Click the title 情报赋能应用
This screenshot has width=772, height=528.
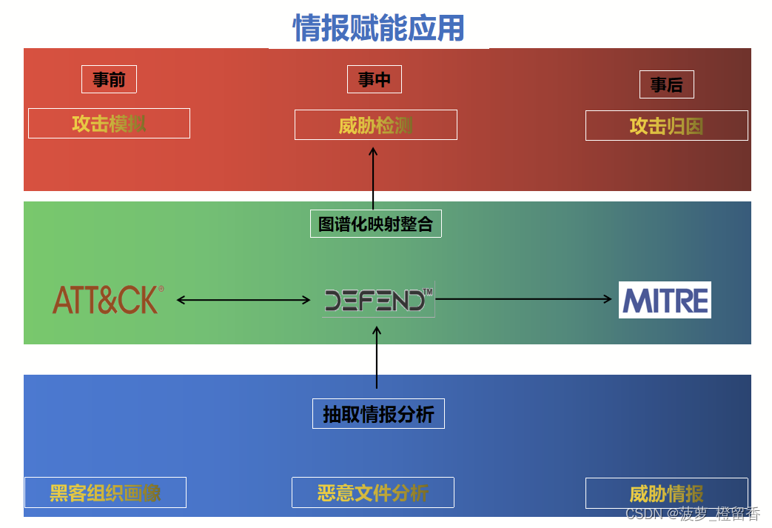[378, 29]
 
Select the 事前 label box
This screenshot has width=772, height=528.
[109, 79]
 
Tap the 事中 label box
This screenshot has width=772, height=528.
[375, 79]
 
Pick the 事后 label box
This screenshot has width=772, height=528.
[666, 84]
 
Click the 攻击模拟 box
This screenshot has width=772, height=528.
[109, 123]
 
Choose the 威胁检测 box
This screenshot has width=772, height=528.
[375, 125]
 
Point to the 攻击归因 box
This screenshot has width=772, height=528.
[666, 126]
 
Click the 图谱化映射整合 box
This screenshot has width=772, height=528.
[375, 224]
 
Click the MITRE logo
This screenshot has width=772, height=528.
[665, 300]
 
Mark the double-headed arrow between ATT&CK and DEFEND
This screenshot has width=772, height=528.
[244, 300]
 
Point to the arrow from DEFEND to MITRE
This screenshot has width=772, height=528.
[524, 299]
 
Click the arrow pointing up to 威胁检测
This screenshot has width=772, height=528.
[373, 178]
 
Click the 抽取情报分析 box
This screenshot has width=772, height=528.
[378, 414]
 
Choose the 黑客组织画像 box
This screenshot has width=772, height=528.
[105, 492]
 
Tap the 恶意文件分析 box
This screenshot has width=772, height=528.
[372, 492]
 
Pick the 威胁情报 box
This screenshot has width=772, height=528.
[666, 493]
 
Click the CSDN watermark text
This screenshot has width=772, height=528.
[692, 513]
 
